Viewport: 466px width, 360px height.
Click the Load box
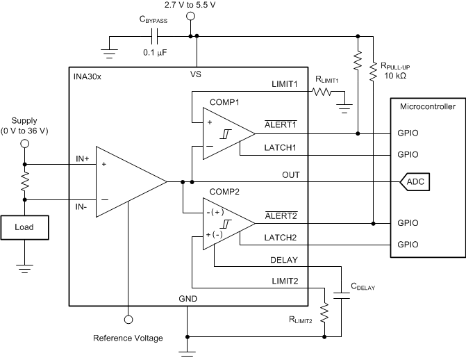tap(25, 227)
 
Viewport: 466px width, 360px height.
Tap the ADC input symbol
tap(415, 181)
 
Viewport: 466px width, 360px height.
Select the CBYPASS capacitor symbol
tap(155, 36)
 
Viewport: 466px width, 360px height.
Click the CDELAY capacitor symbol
tap(341, 295)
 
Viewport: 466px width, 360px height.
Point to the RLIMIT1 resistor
tap(322, 92)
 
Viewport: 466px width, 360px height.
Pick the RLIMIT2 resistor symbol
tap(324, 313)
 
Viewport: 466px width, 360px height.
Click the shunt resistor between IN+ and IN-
tap(25, 182)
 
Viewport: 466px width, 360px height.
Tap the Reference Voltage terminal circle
tap(128, 320)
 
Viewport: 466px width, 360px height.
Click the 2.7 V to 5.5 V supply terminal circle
tap(190, 16)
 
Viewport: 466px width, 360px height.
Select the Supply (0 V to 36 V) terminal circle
tap(25, 144)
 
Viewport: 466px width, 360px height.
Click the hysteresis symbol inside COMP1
tap(226, 134)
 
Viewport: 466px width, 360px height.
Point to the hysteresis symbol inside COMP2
tap(226, 224)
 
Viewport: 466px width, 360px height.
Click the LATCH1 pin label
tap(281, 147)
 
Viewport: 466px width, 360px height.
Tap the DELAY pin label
tap(284, 260)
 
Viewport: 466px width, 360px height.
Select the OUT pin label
tap(291, 175)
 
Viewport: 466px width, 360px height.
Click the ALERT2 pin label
tap(281, 215)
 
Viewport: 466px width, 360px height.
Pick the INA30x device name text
tap(88, 76)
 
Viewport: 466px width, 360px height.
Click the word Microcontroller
tap(428, 106)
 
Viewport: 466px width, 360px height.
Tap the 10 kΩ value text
tap(395, 76)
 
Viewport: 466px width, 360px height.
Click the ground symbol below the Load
tap(25, 268)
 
